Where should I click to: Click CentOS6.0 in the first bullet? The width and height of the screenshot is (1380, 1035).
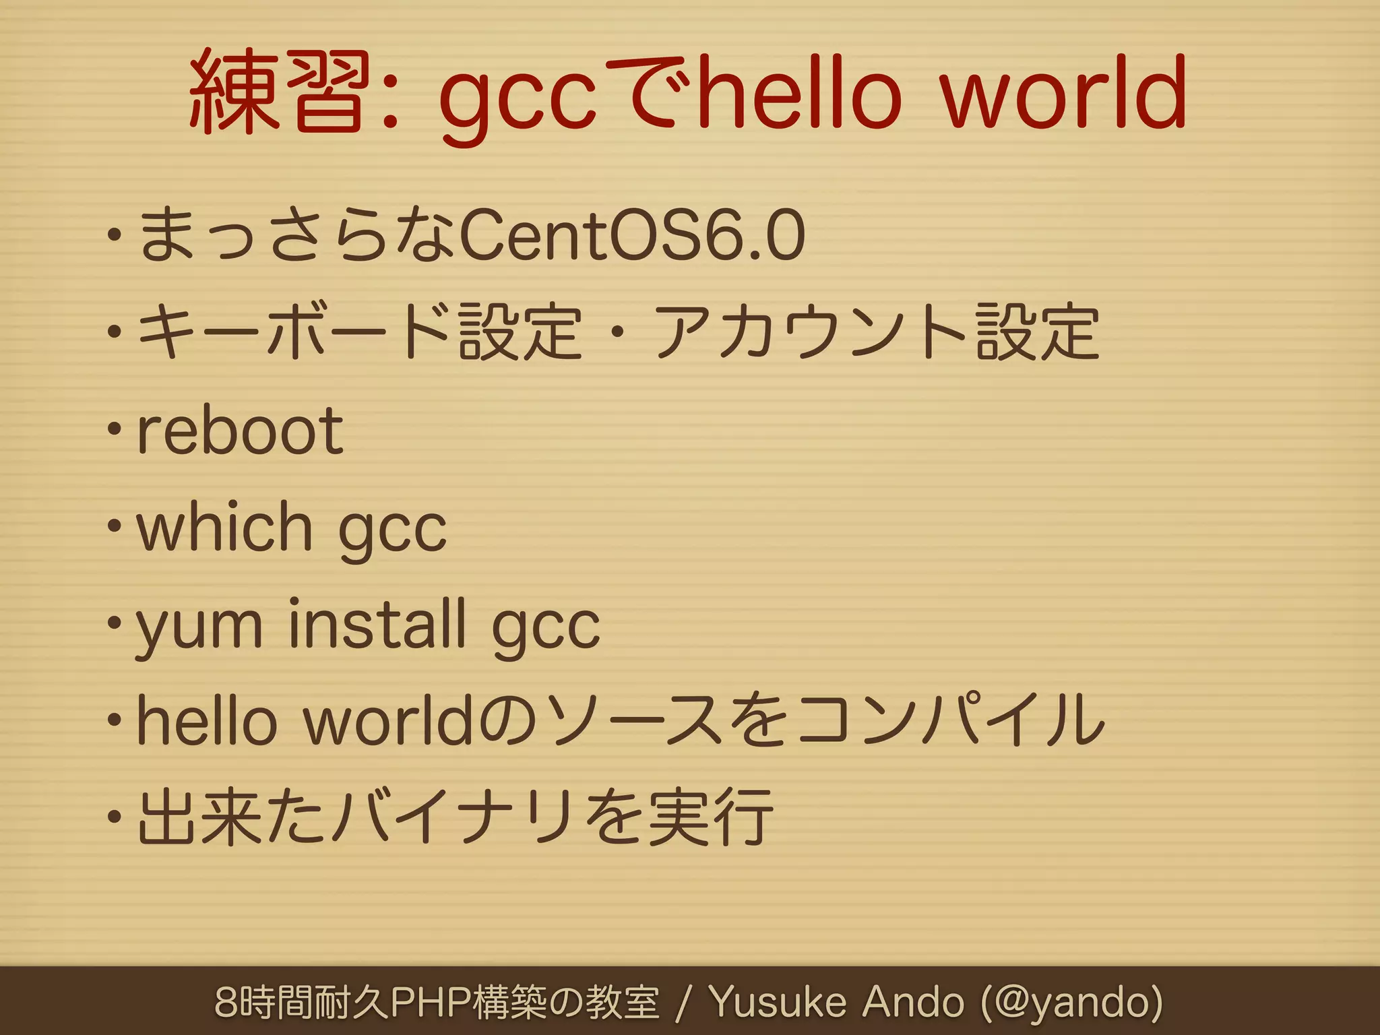coord(631,236)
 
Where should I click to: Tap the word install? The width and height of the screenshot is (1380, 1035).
coord(377,623)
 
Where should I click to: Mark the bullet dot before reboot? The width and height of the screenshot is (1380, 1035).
coord(115,429)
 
